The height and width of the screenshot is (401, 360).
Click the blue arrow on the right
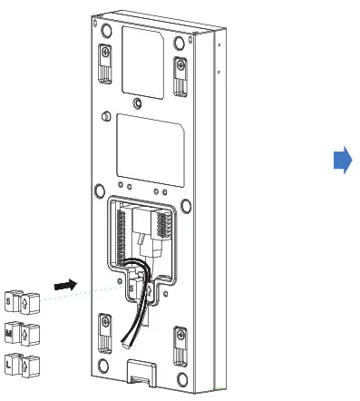pos(342,161)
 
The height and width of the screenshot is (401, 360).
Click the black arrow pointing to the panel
pos(62,284)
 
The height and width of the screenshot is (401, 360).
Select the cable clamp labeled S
pos(19,299)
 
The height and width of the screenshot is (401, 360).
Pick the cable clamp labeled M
pos(19,332)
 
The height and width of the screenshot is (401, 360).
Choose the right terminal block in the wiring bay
pos(166,226)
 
